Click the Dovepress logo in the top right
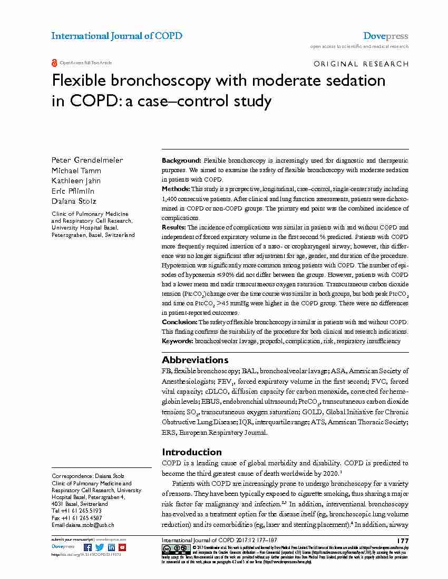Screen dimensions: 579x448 (x=385, y=36)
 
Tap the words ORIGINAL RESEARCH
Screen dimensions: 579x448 (x=361, y=64)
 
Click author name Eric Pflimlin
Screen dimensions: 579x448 (x=72, y=191)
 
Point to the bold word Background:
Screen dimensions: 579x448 (x=181, y=160)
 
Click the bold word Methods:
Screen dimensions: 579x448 (x=176, y=189)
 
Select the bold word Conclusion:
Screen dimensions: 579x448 (x=179, y=322)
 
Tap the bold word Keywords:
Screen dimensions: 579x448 (x=178, y=341)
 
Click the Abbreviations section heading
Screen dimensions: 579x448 (x=195, y=360)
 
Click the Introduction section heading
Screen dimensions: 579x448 (x=192, y=452)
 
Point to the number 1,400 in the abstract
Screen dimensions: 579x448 (x=172, y=198)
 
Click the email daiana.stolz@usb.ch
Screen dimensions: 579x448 (x=90, y=525)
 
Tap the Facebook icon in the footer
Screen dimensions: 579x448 (x=87, y=547)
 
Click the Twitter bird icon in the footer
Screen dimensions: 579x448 (x=100, y=547)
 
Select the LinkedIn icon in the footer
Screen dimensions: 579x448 (x=111, y=547)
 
